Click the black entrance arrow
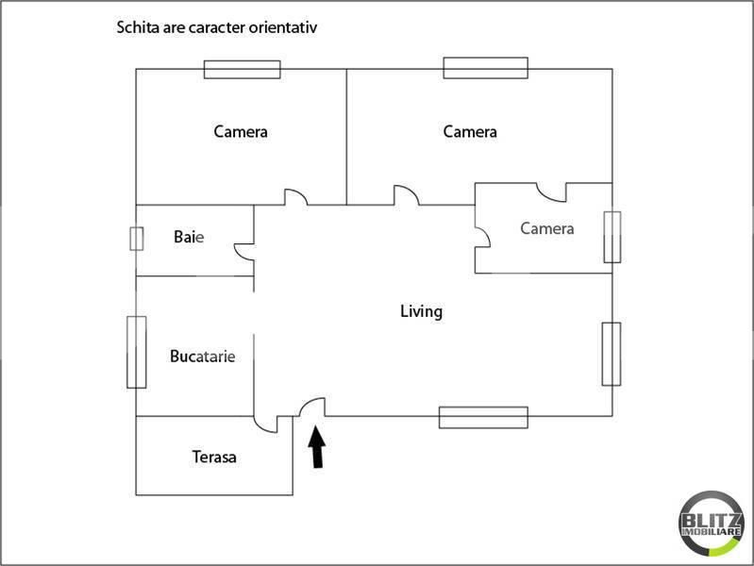pyautogui.click(x=317, y=447)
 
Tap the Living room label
pyautogui.click(x=421, y=311)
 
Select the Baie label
pyautogui.click(x=189, y=237)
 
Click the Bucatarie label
pyautogui.click(x=203, y=357)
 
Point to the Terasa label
pyautogui.click(x=214, y=457)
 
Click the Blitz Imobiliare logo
pyautogui.click(x=712, y=524)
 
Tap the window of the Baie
pyautogui.click(x=137, y=239)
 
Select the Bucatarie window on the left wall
pyautogui.click(x=137, y=352)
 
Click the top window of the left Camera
pyautogui.click(x=242, y=69)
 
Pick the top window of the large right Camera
pyautogui.click(x=486, y=68)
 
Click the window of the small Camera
pyautogui.click(x=612, y=237)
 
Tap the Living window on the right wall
pyautogui.click(x=612, y=354)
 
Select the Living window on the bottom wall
pyautogui.click(x=483, y=417)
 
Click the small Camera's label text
pyautogui.click(x=547, y=228)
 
